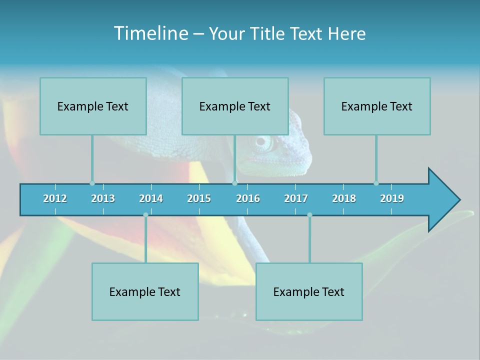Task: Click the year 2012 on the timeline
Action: [55, 198]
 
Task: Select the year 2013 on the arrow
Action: [103, 198]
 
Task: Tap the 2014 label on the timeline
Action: [151, 198]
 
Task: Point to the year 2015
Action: [199, 198]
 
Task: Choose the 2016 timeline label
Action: [248, 198]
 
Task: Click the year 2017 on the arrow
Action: [296, 198]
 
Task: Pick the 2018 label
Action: [344, 198]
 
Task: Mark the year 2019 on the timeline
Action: [392, 198]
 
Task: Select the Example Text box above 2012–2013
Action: [93, 106]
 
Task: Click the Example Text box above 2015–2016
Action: [235, 106]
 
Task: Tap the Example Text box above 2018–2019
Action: [377, 106]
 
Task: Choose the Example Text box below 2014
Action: [145, 291]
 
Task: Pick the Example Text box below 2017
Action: [309, 291]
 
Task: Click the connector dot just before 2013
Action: [92, 183]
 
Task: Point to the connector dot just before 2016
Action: [235, 183]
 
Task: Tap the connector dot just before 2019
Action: [376, 183]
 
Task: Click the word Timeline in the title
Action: [150, 33]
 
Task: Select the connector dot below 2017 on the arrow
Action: [309, 215]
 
